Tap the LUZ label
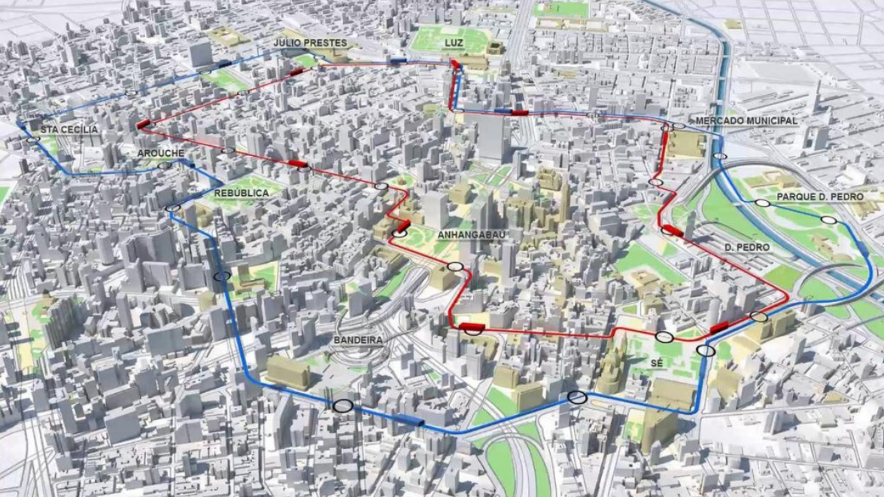tap(454, 43)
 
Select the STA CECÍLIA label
tap(69, 130)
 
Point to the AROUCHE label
tap(160, 153)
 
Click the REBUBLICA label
tap(242, 194)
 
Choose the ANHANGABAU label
tap(469, 235)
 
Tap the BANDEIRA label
tap(358, 340)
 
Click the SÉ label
tap(656, 363)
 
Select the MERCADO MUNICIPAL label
tap(746, 120)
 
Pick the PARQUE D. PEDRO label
tap(820, 197)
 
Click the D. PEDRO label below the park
tap(747, 247)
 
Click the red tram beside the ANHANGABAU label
tap(403, 224)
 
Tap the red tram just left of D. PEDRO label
tap(673, 231)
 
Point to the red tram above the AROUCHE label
tap(144, 123)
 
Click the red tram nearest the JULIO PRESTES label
tap(296, 72)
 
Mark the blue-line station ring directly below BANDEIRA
tap(343, 406)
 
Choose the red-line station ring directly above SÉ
tap(664, 337)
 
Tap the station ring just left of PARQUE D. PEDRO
tap(763, 203)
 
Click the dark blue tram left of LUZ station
tap(398, 61)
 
